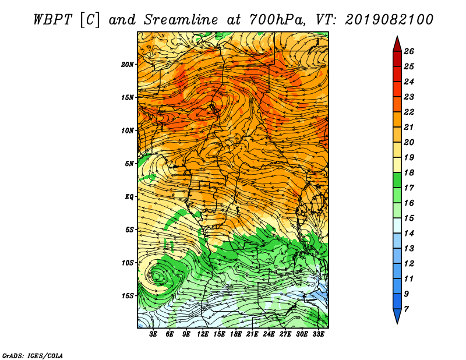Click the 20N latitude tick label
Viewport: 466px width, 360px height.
click(x=128, y=65)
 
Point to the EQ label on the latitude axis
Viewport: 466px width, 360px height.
click(x=129, y=197)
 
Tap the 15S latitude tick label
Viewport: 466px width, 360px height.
click(x=128, y=296)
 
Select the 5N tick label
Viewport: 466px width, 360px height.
click(x=129, y=164)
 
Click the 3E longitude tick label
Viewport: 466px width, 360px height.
click(x=153, y=334)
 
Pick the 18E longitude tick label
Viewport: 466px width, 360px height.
click(x=235, y=334)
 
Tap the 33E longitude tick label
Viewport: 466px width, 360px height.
click(x=318, y=334)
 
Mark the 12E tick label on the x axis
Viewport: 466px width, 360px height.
click(x=202, y=334)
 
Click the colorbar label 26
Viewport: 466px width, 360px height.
click(x=409, y=51)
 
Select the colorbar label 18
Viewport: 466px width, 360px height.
click(x=409, y=172)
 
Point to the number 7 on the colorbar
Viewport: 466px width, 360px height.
click(x=406, y=309)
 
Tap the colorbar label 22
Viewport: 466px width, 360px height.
click(x=409, y=112)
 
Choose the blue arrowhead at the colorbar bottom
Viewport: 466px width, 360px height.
click(x=397, y=315)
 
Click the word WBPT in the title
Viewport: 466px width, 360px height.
click(x=52, y=20)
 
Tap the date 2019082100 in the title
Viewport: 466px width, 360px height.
click(x=389, y=20)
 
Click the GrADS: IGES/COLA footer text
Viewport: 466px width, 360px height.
click(x=33, y=355)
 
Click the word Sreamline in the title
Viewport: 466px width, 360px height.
click(x=181, y=20)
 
